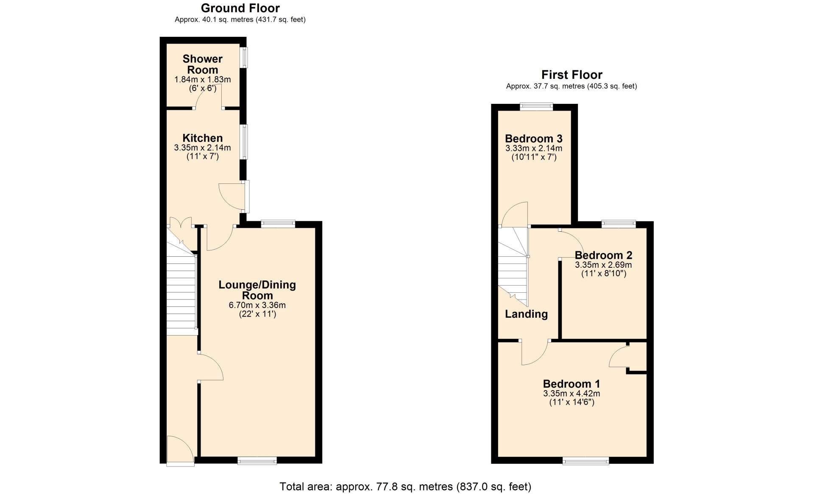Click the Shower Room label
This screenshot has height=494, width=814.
click(x=203, y=64)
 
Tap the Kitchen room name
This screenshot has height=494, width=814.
click(x=203, y=138)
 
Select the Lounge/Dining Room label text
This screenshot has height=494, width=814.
click(x=257, y=290)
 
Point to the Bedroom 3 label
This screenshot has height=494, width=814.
click(x=534, y=139)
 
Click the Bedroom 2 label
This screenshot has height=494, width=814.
click(x=603, y=255)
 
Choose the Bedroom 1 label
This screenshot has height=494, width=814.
click(x=571, y=384)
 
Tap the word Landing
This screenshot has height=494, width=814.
click(x=526, y=314)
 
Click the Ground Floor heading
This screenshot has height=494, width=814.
click(x=240, y=8)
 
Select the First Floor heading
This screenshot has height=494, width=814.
click(x=572, y=75)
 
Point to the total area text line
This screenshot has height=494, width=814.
click(x=405, y=486)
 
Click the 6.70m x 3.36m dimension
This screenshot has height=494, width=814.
click(x=257, y=305)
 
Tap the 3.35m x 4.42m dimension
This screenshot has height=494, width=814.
click(x=571, y=393)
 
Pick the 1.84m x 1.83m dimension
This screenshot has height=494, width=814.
click(x=203, y=79)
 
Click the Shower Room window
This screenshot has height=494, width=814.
click(x=244, y=57)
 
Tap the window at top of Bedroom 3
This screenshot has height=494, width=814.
click(x=537, y=107)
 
